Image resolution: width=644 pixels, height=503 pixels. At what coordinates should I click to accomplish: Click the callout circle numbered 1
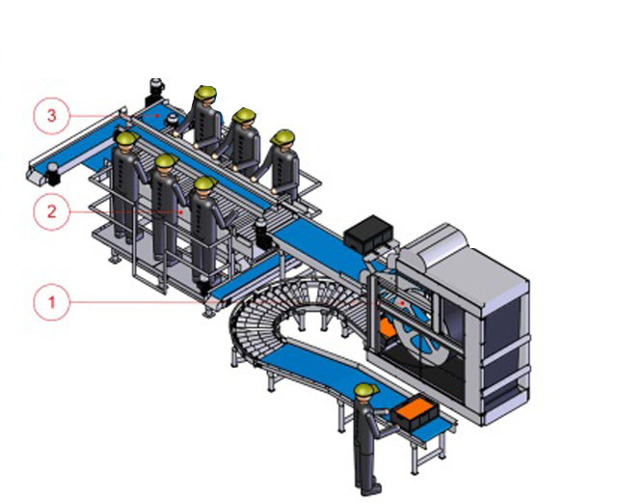(x=51, y=303)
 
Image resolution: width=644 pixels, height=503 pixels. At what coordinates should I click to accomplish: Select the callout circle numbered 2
(x=51, y=211)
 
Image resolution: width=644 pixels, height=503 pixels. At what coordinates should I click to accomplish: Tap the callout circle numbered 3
(x=51, y=116)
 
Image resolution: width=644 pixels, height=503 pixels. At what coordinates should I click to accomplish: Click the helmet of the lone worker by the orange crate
(x=365, y=390)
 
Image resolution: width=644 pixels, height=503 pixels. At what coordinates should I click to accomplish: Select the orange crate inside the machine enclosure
(x=386, y=328)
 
